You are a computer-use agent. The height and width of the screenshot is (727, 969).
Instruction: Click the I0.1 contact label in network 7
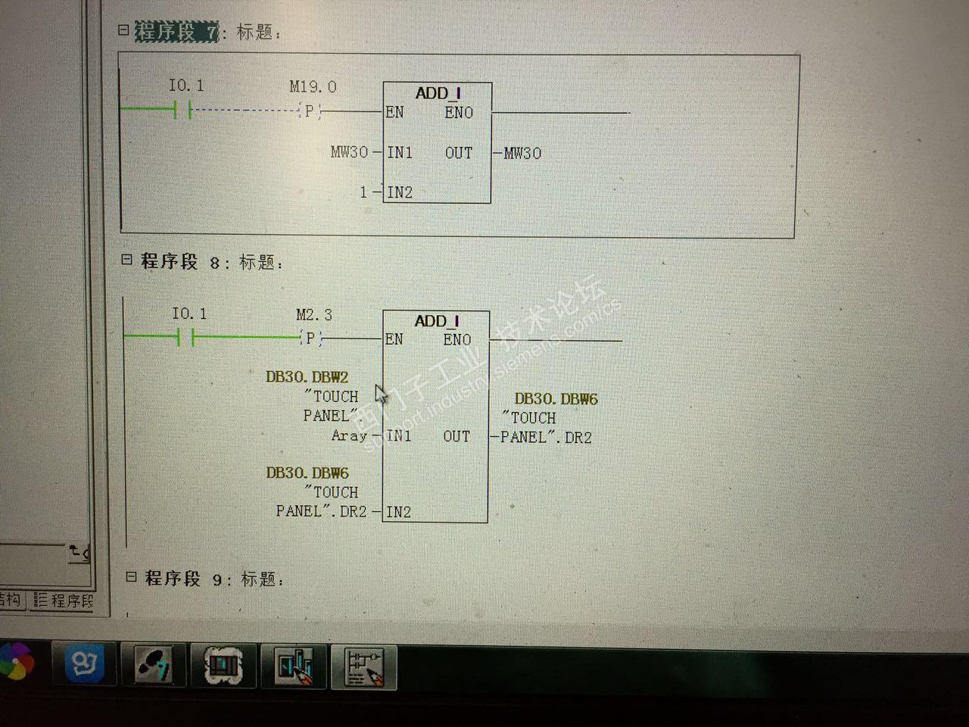click(185, 86)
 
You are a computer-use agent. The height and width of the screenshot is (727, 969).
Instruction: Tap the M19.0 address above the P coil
click(313, 87)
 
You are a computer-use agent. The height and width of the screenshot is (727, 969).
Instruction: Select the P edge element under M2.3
click(310, 339)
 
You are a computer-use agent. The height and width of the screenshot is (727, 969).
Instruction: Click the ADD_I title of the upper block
click(438, 93)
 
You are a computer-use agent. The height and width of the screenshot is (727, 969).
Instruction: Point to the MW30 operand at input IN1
click(349, 152)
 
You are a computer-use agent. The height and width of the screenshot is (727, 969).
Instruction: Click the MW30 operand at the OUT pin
click(522, 153)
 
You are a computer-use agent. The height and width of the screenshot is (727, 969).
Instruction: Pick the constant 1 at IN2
click(363, 192)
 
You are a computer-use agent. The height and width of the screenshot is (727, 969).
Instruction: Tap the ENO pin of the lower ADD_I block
click(456, 340)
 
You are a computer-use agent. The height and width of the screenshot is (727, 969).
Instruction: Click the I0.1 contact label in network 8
click(189, 314)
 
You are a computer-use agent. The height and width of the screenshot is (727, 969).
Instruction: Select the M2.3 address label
click(313, 314)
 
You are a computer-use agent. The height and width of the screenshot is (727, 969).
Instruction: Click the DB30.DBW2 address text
click(307, 376)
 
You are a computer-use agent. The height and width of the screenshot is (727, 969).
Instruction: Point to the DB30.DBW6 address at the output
click(556, 398)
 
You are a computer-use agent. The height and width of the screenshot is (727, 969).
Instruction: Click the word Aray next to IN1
click(349, 435)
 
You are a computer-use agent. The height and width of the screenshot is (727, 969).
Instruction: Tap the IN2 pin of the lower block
click(398, 512)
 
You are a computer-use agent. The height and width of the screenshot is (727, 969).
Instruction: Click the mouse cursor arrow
click(380, 394)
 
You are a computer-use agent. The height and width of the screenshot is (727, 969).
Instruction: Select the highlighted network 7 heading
click(176, 32)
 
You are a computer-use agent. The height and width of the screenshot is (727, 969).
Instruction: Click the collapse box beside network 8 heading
click(126, 260)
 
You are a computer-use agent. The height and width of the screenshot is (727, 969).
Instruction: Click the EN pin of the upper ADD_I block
click(394, 112)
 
